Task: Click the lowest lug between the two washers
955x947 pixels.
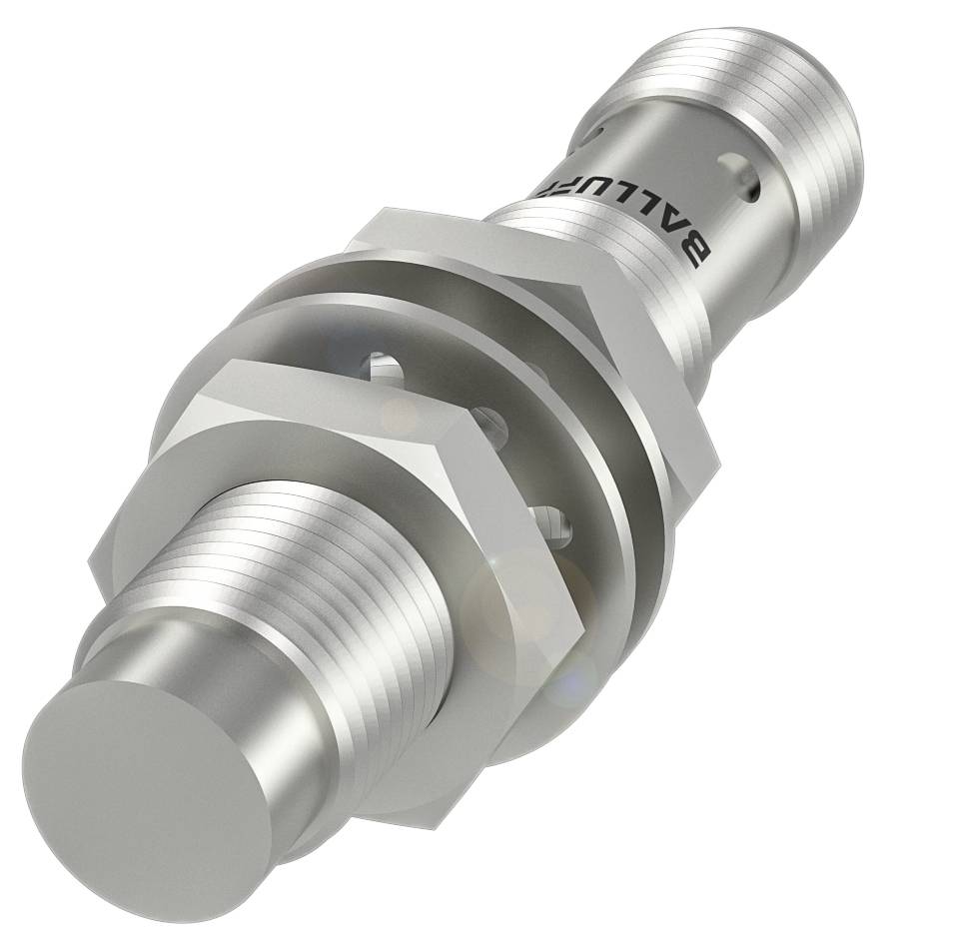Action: coord(545,519)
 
